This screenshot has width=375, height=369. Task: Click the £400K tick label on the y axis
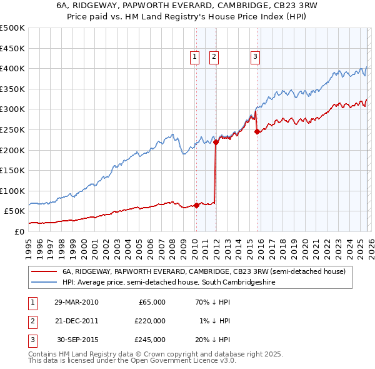click(12, 68)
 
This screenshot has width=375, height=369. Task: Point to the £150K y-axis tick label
click(12, 170)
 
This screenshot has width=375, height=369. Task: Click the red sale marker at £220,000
click(216, 142)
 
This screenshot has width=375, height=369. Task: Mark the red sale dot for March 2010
click(196, 205)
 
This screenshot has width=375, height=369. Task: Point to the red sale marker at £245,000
click(257, 131)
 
